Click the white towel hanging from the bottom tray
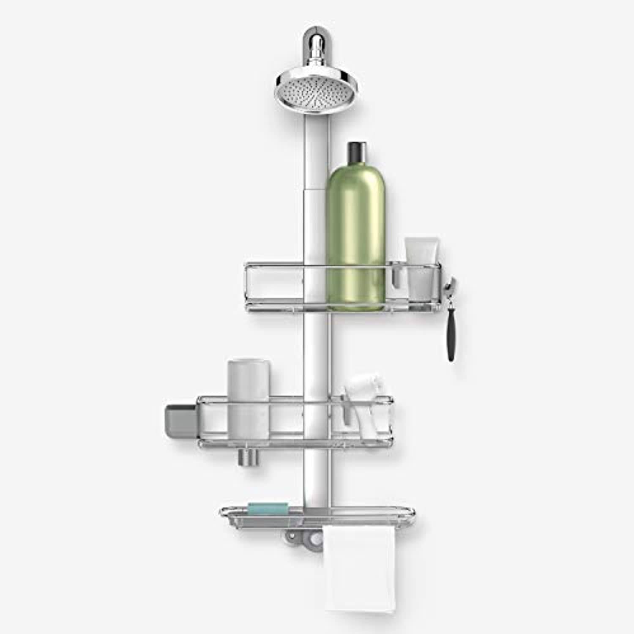(x=360, y=562)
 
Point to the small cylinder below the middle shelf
(x=247, y=457)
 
